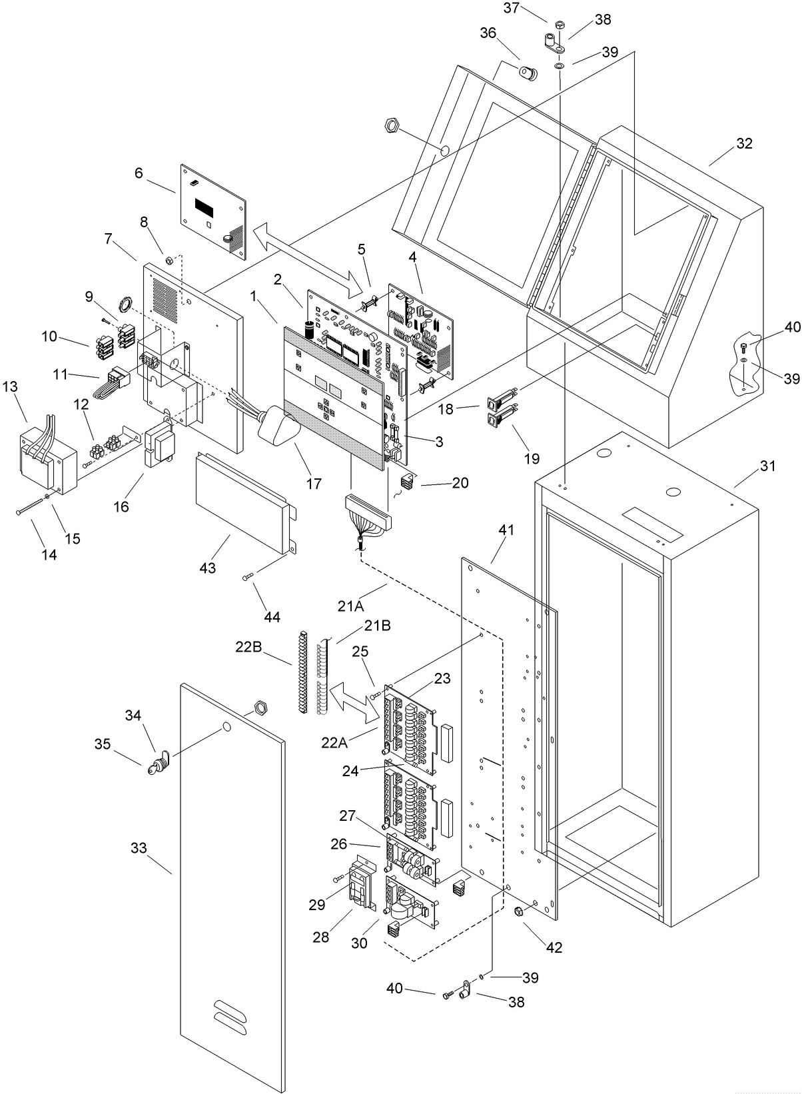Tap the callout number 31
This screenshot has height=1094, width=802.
[767, 466]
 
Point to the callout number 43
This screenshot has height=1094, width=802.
[208, 568]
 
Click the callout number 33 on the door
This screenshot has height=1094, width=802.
[139, 848]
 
